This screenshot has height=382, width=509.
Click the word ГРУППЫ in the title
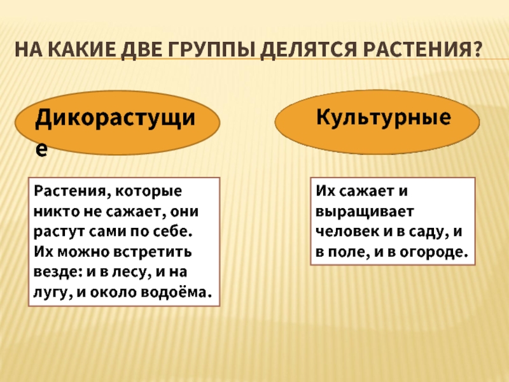coord(211,50)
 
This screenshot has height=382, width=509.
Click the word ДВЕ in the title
coord(142,50)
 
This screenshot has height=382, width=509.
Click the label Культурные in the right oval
coord(384,117)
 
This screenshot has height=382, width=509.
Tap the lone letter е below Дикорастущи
coord(41,150)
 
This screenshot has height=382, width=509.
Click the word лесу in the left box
coord(132,272)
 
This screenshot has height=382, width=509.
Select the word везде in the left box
coord(57,272)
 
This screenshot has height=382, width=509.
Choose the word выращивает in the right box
coord(364,212)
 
